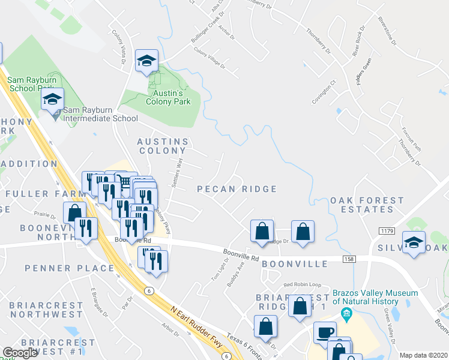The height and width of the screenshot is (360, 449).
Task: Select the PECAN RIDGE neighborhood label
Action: [237, 189]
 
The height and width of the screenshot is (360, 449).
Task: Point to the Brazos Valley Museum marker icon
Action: [346, 314]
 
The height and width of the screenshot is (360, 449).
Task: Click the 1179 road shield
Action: [387, 231]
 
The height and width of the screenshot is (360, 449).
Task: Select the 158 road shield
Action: [349, 259]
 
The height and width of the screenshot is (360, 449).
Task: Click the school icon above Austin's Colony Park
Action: [146, 61]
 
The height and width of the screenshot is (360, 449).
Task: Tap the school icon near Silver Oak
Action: [414, 242]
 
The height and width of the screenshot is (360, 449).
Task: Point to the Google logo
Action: [20, 353]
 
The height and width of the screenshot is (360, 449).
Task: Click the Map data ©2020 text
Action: [423, 355]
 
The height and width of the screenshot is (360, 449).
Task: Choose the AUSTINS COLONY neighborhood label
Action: [163, 146]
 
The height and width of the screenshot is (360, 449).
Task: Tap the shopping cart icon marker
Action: [124, 182]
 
